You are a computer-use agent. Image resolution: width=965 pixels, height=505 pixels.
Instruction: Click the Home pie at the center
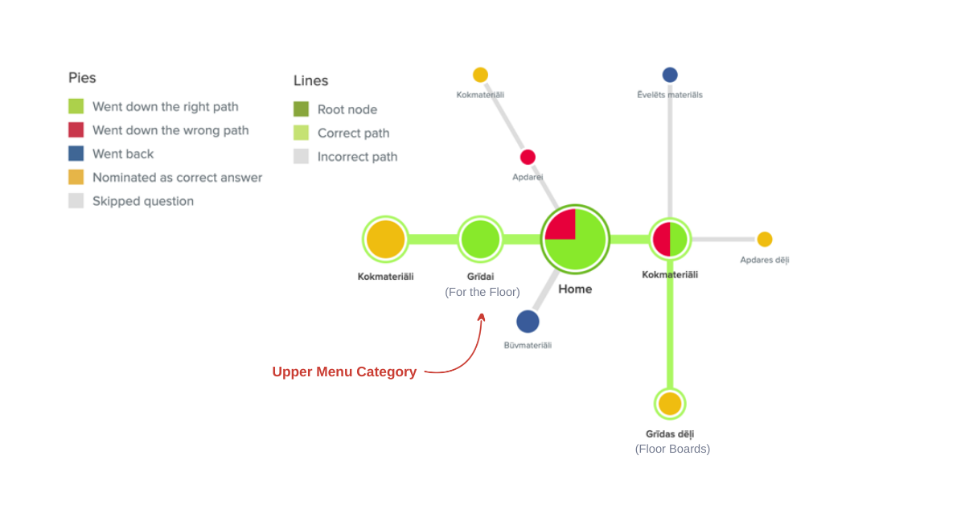click(x=575, y=240)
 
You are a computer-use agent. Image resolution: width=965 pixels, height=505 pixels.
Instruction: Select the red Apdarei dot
click(x=528, y=158)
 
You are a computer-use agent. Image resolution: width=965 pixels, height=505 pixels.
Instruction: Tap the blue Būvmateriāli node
click(x=528, y=322)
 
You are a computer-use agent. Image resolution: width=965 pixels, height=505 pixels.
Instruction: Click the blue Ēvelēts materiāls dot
click(x=670, y=75)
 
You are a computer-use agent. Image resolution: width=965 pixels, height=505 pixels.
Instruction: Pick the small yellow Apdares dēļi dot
click(x=765, y=240)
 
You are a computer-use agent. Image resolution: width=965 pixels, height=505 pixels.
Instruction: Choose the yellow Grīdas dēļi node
click(x=670, y=404)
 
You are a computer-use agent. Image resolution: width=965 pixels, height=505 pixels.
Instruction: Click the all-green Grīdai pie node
click(x=481, y=240)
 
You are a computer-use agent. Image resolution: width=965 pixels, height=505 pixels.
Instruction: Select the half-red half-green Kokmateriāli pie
click(x=670, y=240)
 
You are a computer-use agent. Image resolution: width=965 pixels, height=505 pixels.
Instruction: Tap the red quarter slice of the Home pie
click(x=561, y=225)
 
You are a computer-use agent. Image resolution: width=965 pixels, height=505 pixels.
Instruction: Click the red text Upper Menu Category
click(x=344, y=372)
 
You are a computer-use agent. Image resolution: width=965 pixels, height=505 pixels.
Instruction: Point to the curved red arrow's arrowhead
click(x=482, y=317)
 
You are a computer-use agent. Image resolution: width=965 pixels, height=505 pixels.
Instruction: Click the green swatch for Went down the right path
click(x=76, y=106)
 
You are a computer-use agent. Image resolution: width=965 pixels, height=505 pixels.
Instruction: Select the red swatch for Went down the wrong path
click(x=76, y=129)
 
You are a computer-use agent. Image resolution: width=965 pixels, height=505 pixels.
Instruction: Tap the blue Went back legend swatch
click(x=76, y=154)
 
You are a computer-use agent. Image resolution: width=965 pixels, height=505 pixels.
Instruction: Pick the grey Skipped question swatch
click(x=76, y=201)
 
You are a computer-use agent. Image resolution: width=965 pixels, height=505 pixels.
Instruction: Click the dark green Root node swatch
click(x=301, y=109)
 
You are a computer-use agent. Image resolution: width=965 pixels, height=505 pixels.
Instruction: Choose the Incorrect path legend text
click(x=357, y=157)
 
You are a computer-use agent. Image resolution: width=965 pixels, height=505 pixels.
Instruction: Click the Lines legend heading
click(x=310, y=80)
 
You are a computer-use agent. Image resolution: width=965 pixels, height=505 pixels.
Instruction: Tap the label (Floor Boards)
click(x=672, y=449)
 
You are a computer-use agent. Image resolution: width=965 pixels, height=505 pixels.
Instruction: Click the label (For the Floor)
click(x=482, y=292)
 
